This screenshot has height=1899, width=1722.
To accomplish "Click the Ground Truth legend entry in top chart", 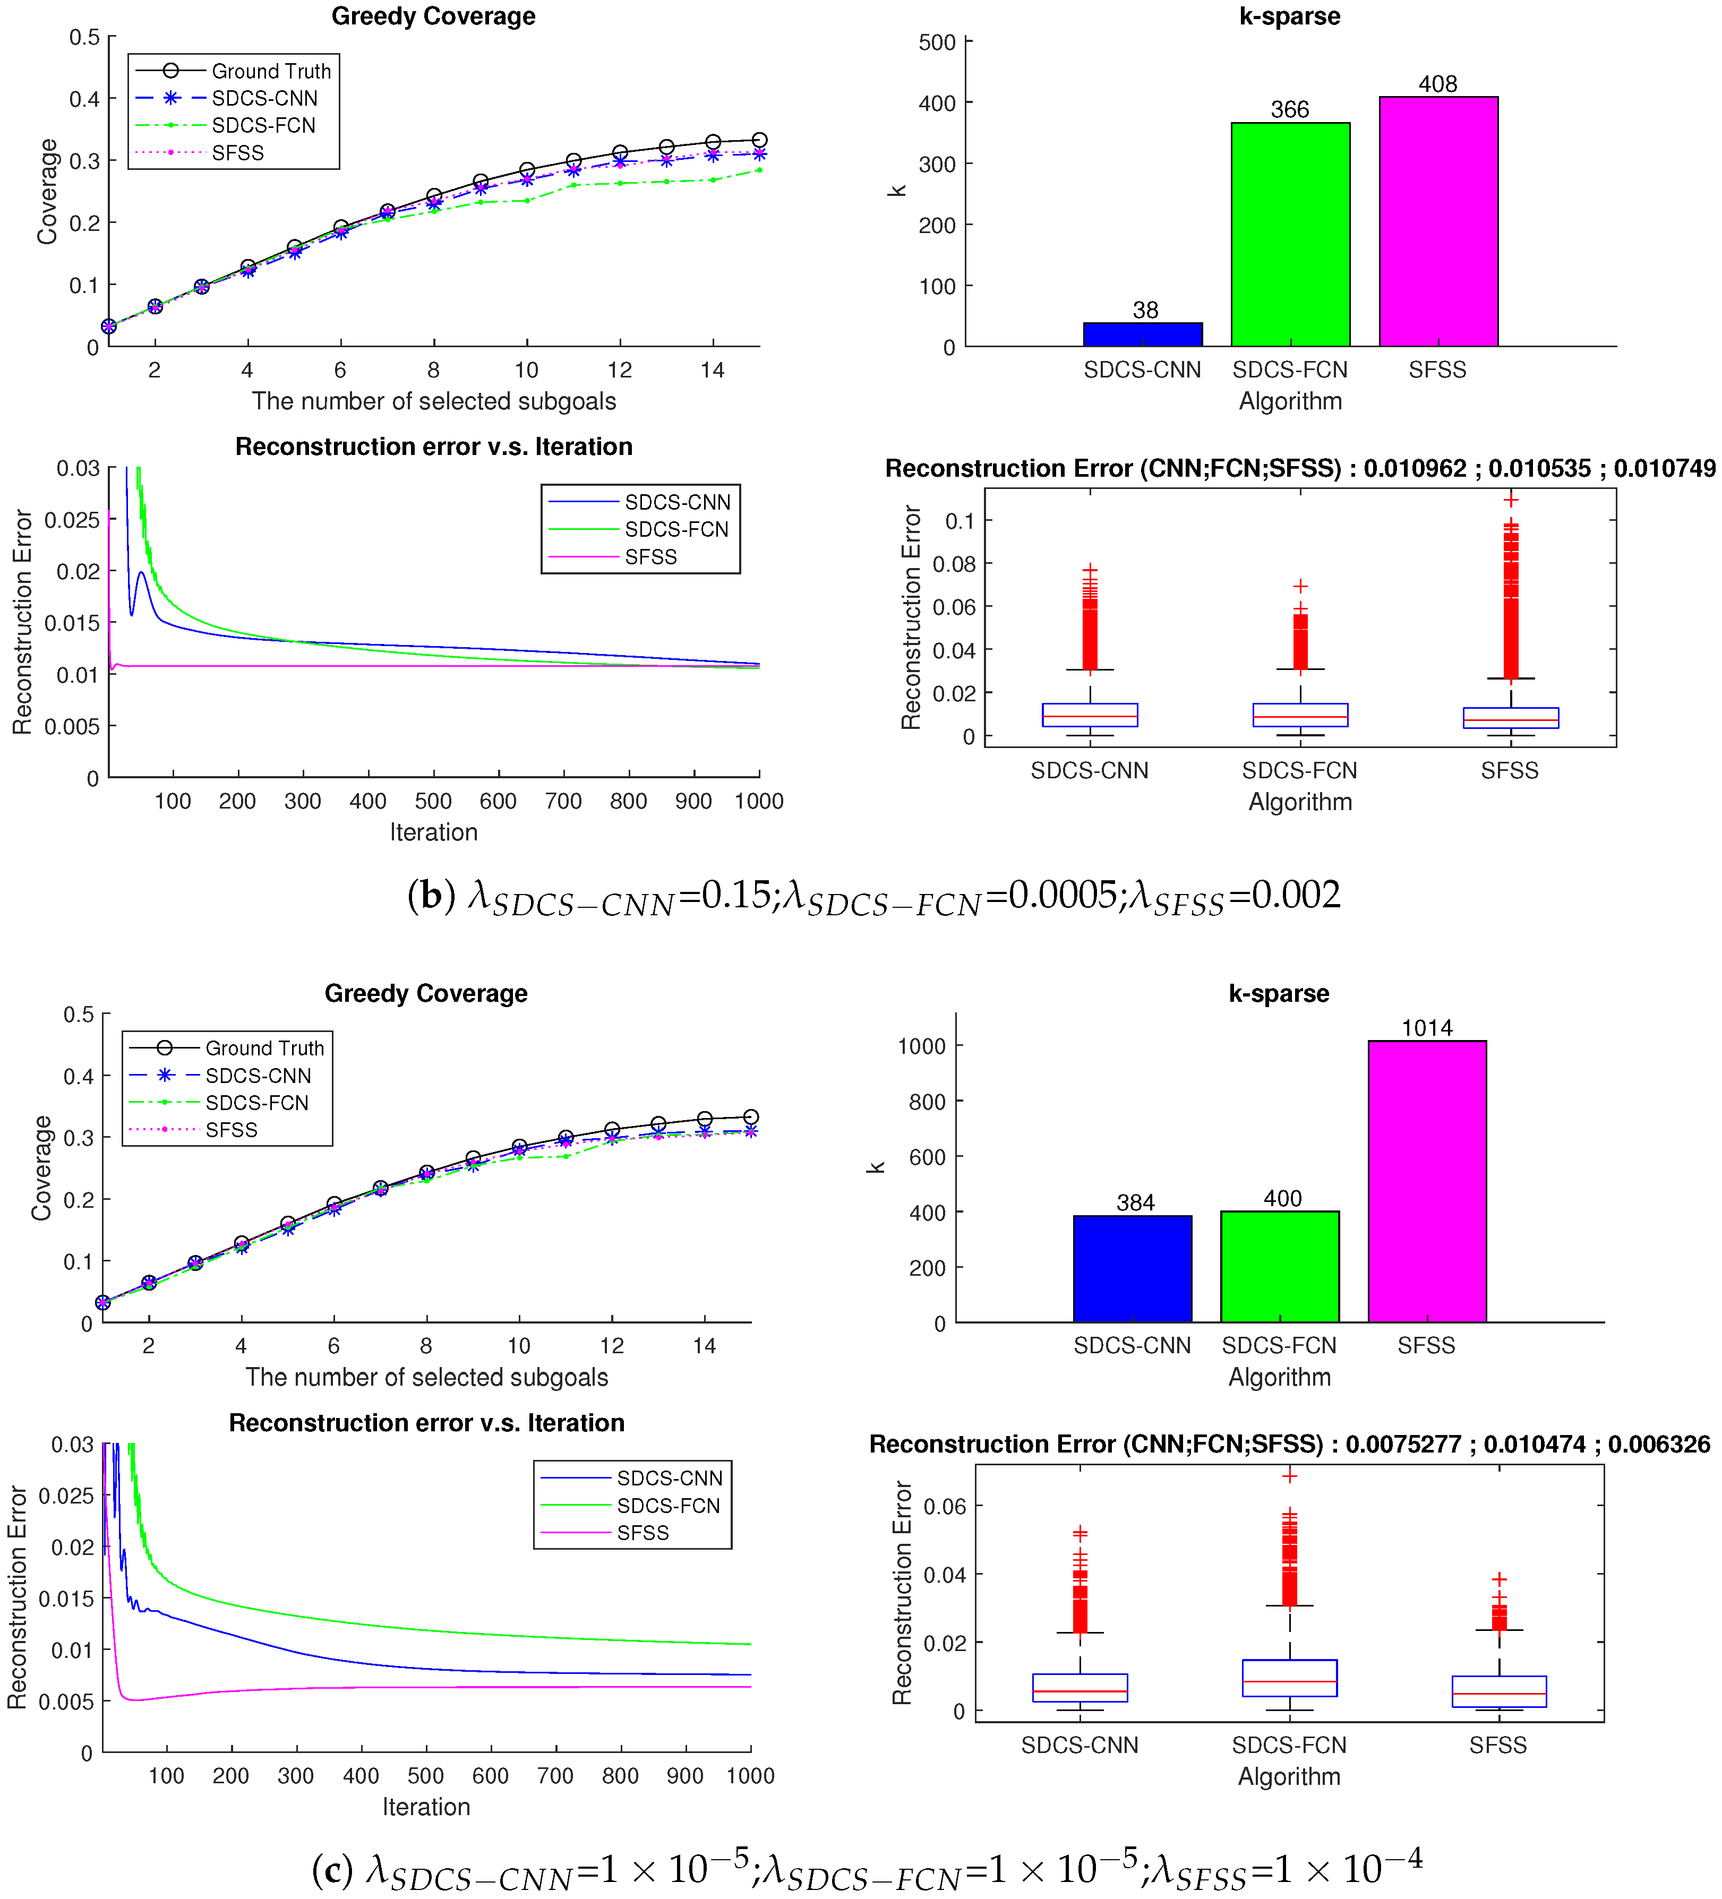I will [270, 71].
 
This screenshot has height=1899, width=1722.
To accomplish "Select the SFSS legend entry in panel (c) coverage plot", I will [231, 1129].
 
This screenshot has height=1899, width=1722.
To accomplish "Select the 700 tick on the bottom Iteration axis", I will [555, 1776].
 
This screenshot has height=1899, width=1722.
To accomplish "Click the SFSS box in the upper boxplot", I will [1510, 718].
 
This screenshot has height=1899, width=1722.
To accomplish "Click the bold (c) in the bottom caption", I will [331, 1870].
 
